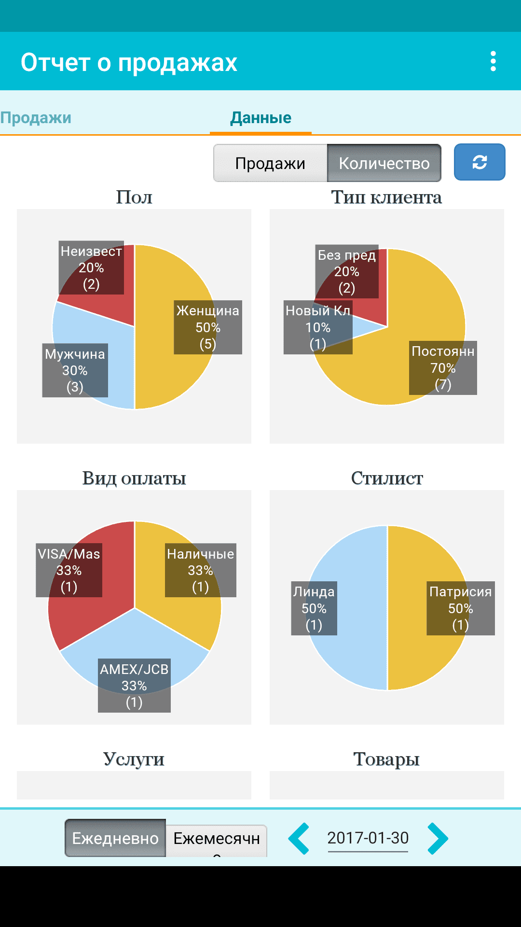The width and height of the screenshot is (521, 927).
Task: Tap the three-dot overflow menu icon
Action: tap(493, 62)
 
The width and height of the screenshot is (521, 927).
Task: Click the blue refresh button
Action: tap(480, 162)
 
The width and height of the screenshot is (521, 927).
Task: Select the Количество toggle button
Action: tap(384, 163)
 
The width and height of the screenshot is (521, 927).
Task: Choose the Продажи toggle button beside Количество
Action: tap(270, 163)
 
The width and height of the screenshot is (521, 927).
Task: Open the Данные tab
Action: tap(260, 117)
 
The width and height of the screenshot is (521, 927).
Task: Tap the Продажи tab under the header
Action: tap(36, 117)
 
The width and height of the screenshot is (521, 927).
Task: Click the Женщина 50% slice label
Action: tap(208, 327)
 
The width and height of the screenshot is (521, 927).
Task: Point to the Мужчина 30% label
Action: tap(75, 370)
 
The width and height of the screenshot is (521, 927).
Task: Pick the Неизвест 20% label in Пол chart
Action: tap(91, 267)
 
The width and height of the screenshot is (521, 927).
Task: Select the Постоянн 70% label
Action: tap(443, 368)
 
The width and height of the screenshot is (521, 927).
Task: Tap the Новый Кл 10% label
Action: tap(318, 327)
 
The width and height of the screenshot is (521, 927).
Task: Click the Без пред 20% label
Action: tap(347, 271)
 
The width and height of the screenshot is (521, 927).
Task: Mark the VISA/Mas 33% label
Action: tap(69, 570)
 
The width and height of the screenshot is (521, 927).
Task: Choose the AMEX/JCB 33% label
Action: tap(134, 686)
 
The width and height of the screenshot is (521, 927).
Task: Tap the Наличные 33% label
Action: tap(201, 570)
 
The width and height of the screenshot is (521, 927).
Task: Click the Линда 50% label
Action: tap(314, 608)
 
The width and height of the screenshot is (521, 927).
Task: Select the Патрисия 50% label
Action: tap(461, 608)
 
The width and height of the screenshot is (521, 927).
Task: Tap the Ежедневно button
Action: tap(115, 838)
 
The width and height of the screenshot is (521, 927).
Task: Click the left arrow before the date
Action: tap(299, 838)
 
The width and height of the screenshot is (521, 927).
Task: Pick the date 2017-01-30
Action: tap(368, 838)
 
